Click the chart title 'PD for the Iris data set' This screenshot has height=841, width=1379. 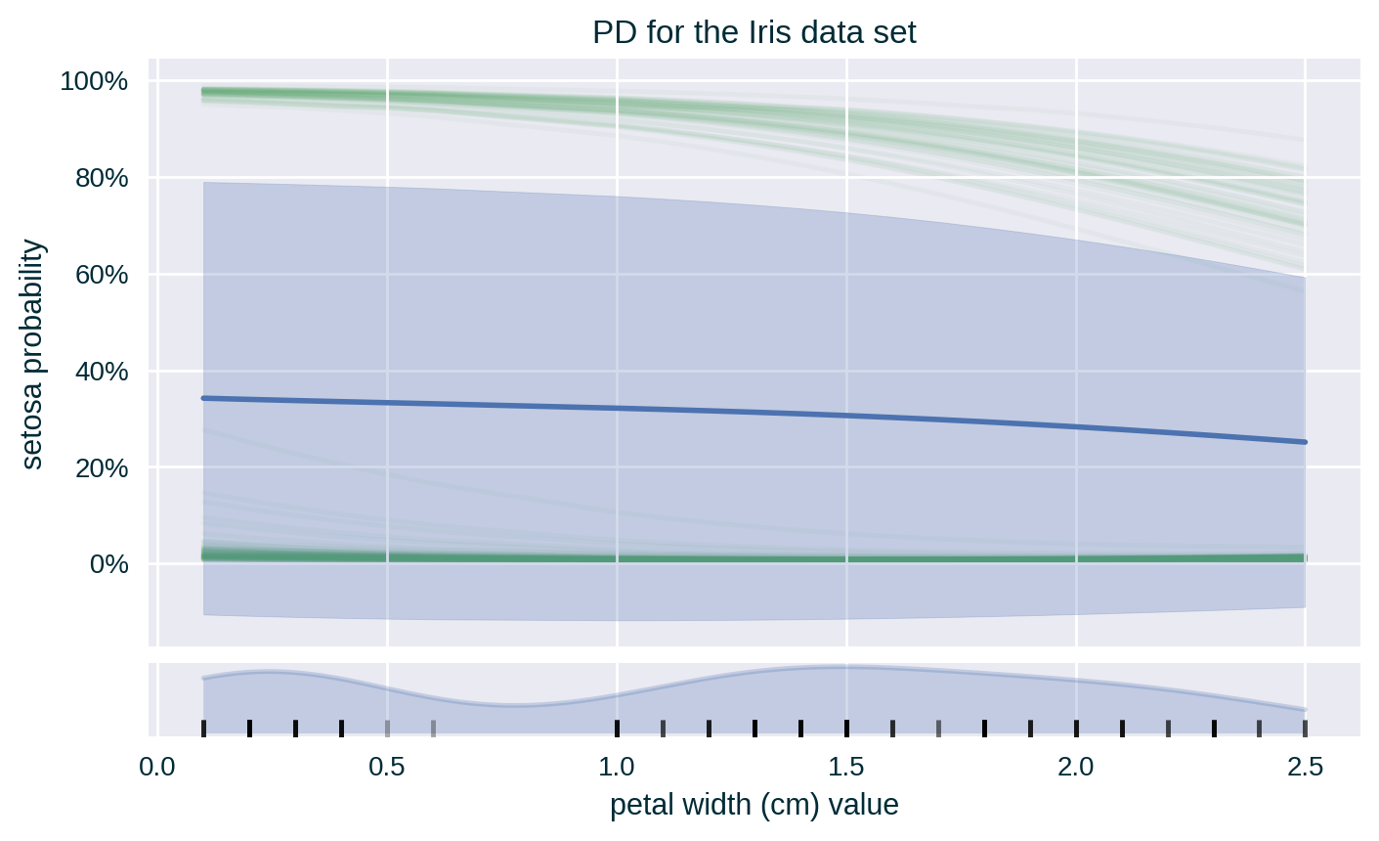pyautogui.click(x=754, y=33)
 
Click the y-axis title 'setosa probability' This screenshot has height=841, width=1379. pyautogui.click(x=33, y=354)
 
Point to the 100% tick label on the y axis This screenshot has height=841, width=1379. pyautogui.click(x=95, y=81)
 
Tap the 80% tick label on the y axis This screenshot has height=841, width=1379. pyautogui.click(x=101, y=178)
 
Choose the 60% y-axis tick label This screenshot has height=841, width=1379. pyautogui.click(x=101, y=275)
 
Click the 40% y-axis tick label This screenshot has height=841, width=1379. pyautogui.click(x=101, y=372)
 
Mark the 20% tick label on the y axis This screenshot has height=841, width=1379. pyautogui.click(x=101, y=468)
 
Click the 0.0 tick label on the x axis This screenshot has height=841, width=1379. pyautogui.click(x=157, y=764)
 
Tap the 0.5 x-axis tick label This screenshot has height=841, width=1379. pyautogui.click(x=387, y=764)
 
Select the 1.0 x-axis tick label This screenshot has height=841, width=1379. pyautogui.click(x=617, y=764)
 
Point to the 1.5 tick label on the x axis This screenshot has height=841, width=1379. pyautogui.click(x=846, y=764)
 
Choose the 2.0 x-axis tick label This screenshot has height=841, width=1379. pyautogui.click(x=1076, y=764)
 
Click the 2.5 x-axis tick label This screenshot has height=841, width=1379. pyautogui.click(x=1305, y=764)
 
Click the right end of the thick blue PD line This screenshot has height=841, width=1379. pyautogui.click(x=1304, y=442)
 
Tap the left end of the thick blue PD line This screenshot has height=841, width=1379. pyautogui.click(x=203, y=398)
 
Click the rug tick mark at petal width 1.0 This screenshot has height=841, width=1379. pyautogui.click(x=617, y=728)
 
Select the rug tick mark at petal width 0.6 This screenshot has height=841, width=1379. pyautogui.click(x=433, y=728)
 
